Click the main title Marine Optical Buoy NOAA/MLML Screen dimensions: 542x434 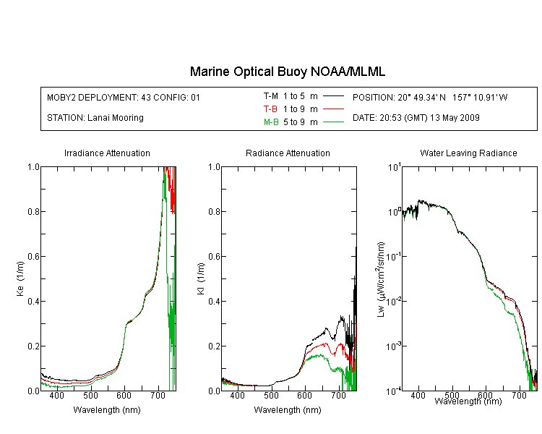[287, 72]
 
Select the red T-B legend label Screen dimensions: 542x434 [270, 109]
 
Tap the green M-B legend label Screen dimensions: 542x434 [271, 122]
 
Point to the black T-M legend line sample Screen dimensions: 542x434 [333, 96]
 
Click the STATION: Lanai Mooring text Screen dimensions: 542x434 [95, 118]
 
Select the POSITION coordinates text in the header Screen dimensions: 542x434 [430, 98]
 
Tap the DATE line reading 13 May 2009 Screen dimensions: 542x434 [416, 118]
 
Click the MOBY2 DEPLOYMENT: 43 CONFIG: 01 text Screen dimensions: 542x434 [124, 98]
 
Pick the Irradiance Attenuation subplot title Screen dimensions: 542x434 [107, 153]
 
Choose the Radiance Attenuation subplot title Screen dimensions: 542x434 [288, 153]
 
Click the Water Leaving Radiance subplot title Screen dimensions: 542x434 [468, 153]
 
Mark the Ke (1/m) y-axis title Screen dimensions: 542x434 [20, 278]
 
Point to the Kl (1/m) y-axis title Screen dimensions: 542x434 [201, 278]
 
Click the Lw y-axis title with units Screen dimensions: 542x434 [381, 279]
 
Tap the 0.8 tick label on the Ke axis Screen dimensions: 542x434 [33, 211]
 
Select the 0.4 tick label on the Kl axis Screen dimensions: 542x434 [215, 302]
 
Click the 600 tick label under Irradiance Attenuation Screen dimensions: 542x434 [124, 395]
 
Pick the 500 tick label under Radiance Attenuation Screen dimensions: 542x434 [271, 395]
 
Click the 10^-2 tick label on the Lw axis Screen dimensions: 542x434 [394, 301]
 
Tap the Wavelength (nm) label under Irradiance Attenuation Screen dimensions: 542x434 [107, 410]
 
